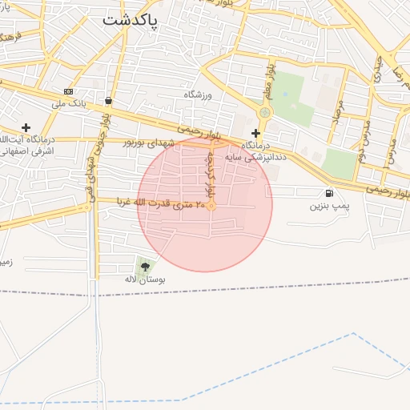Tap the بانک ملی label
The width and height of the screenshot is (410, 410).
click(68, 104)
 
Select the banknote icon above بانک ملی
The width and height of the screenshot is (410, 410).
click(68, 91)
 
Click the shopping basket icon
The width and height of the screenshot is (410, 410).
click(108, 101)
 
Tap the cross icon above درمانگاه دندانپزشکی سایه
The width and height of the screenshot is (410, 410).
click(256, 133)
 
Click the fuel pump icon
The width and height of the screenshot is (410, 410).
click(329, 193)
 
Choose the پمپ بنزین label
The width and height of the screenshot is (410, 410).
click(329, 206)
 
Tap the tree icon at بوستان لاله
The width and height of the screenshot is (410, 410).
click(144, 266)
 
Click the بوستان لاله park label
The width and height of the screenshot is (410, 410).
click(144, 279)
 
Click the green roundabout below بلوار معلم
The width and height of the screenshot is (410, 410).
click(265, 113)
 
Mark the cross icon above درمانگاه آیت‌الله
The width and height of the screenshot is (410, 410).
click(26, 127)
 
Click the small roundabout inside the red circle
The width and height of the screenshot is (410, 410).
click(211, 207)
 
